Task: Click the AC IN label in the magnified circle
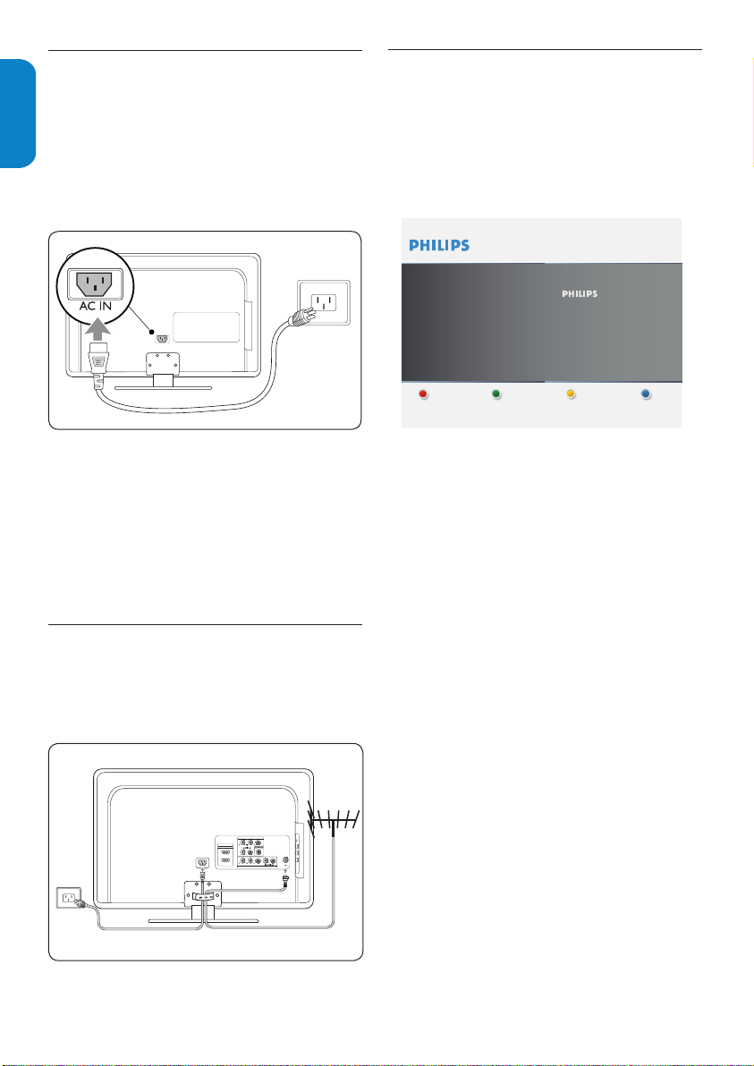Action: tap(89, 305)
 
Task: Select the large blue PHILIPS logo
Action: tap(439, 245)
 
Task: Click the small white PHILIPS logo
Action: tap(580, 294)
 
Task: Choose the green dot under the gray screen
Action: tap(496, 395)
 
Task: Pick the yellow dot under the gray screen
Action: tap(572, 395)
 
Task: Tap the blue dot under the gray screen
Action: tap(648, 395)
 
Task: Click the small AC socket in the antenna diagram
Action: tap(201, 863)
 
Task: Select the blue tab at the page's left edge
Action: tap(18, 114)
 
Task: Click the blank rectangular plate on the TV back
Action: tap(206, 327)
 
